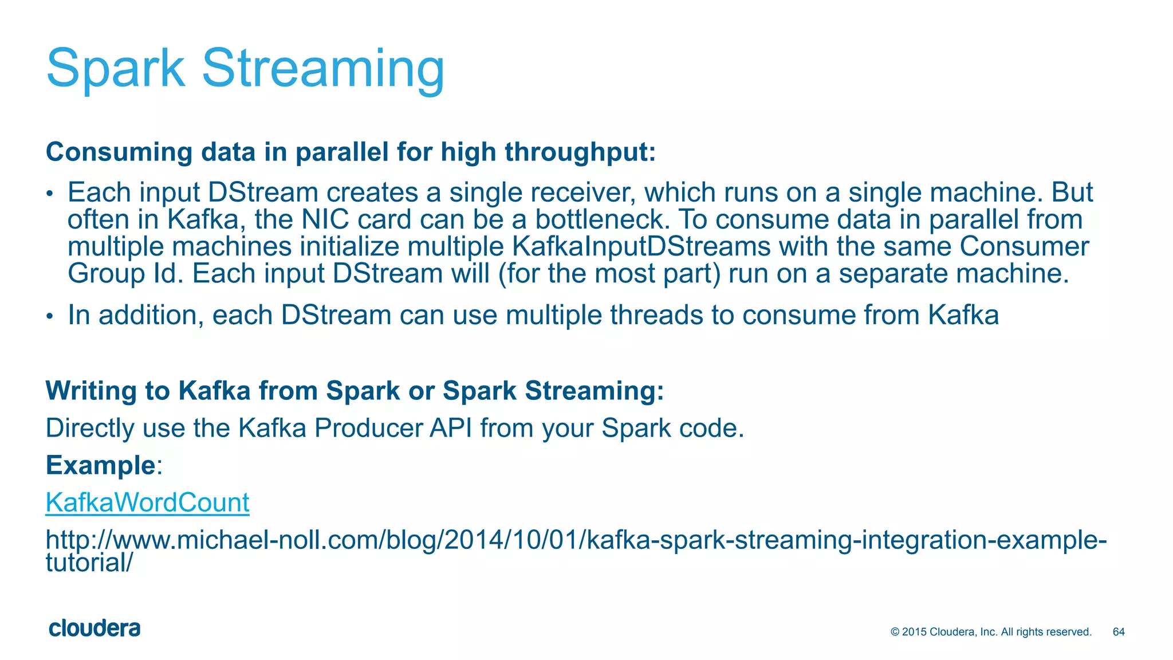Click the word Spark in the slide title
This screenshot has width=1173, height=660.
tap(115, 69)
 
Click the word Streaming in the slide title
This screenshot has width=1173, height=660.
tap(323, 69)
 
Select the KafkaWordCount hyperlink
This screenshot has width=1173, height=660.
tap(147, 502)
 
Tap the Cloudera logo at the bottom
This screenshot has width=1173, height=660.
tap(95, 628)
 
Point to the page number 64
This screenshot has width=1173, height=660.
tap(1118, 632)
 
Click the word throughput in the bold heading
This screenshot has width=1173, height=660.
tap(580, 152)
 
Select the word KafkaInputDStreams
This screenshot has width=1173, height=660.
tap(641, 246)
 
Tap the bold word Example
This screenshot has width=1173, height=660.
tap(100, 465)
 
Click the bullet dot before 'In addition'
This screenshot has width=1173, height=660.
tap(50, 316)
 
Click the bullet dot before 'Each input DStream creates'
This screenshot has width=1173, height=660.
tap(50, 194)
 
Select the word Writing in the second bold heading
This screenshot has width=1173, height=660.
tap(90, 391)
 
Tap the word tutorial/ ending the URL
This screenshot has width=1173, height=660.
tap(89, 563)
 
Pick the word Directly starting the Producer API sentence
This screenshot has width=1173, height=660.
tap(89, 428)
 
